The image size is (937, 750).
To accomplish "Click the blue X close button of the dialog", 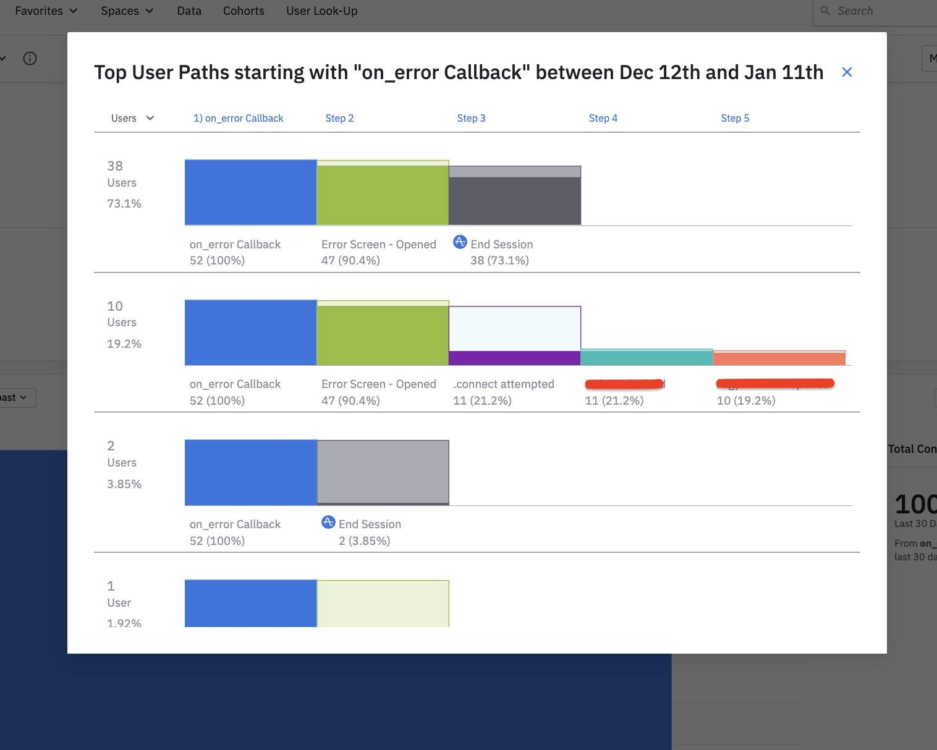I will tap(847, 72).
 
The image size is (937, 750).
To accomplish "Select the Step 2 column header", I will tap(339, 118).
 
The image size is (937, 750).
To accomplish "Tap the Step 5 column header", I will tap(735, 118).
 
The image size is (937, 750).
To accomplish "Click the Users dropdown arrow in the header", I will tap(150, 118).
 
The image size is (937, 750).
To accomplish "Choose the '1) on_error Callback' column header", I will tap(238, 118).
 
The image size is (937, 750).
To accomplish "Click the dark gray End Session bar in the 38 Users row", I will tap(514, 200).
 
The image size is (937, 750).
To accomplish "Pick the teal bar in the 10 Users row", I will tap(647, 358).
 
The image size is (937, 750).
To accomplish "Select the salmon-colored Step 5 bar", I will tap(779, 358).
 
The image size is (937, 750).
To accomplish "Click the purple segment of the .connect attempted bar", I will tap(514, 358).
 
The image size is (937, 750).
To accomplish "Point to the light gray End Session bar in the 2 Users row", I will tap(383, 472).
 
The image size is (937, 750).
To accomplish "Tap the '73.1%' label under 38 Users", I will tap(124, 204).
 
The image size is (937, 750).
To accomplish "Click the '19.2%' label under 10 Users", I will tap(124, 344).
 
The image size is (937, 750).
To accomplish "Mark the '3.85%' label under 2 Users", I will tap(124, 484).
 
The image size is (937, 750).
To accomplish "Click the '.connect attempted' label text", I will tap(504, 384).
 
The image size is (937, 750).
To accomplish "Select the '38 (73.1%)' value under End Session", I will tap(499, 261).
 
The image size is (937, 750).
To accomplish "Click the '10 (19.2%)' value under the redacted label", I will tap(746, 401).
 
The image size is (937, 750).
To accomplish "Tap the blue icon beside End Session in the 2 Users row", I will tap(328, 523).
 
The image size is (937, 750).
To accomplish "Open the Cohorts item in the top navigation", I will tap(244, 11).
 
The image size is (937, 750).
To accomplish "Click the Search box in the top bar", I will tap(878, 11).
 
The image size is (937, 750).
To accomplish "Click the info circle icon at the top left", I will tap(30, 59).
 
